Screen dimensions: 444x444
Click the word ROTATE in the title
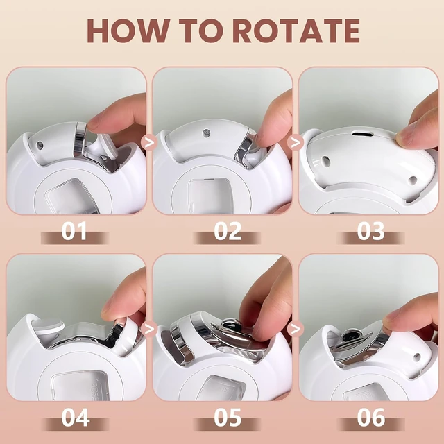[296, 31]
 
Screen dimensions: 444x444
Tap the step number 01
[74, 231]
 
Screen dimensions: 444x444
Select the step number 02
[228, 231]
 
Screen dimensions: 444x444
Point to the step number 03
[370, 231]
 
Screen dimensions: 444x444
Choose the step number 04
[75, 418]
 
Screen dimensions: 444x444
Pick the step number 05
[228, 418]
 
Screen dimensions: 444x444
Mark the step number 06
[370, 418]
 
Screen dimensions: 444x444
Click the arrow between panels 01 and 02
[150, 142]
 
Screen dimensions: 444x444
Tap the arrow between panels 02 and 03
[296, 142]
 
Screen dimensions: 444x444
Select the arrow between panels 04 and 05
[150, 328]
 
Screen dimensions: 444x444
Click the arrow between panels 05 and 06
[296, 328]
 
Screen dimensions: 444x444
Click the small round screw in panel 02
[207, 133]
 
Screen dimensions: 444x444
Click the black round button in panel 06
[348, 337]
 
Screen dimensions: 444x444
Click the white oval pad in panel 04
[47, 325]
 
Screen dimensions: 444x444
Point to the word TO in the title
[200, 31]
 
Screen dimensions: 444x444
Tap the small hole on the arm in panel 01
[40, 145]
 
